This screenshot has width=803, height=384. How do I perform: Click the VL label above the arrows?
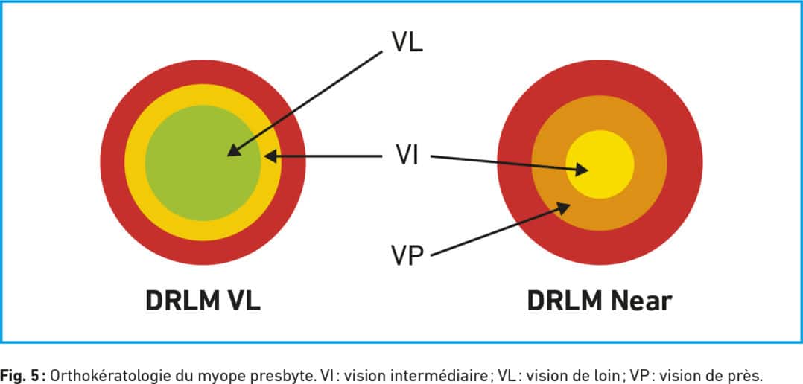point(407,42)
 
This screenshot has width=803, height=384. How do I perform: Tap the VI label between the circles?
point(407,154)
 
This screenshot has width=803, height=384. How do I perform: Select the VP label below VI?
point(407,256)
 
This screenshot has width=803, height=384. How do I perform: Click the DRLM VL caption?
point(203,301)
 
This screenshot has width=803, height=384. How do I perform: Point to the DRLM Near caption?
point(599,301)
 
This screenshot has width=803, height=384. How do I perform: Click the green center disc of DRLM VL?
point(203,163)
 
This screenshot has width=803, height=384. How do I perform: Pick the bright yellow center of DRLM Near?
point(600,164)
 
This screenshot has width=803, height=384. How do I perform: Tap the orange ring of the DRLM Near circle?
point(600,215)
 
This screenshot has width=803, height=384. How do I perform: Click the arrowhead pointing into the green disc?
point(234,150)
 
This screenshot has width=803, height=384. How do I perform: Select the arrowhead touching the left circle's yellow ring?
point(271,156)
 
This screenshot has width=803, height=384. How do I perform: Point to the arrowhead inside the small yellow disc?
point(581,170)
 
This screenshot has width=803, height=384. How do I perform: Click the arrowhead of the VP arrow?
point(563,208)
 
